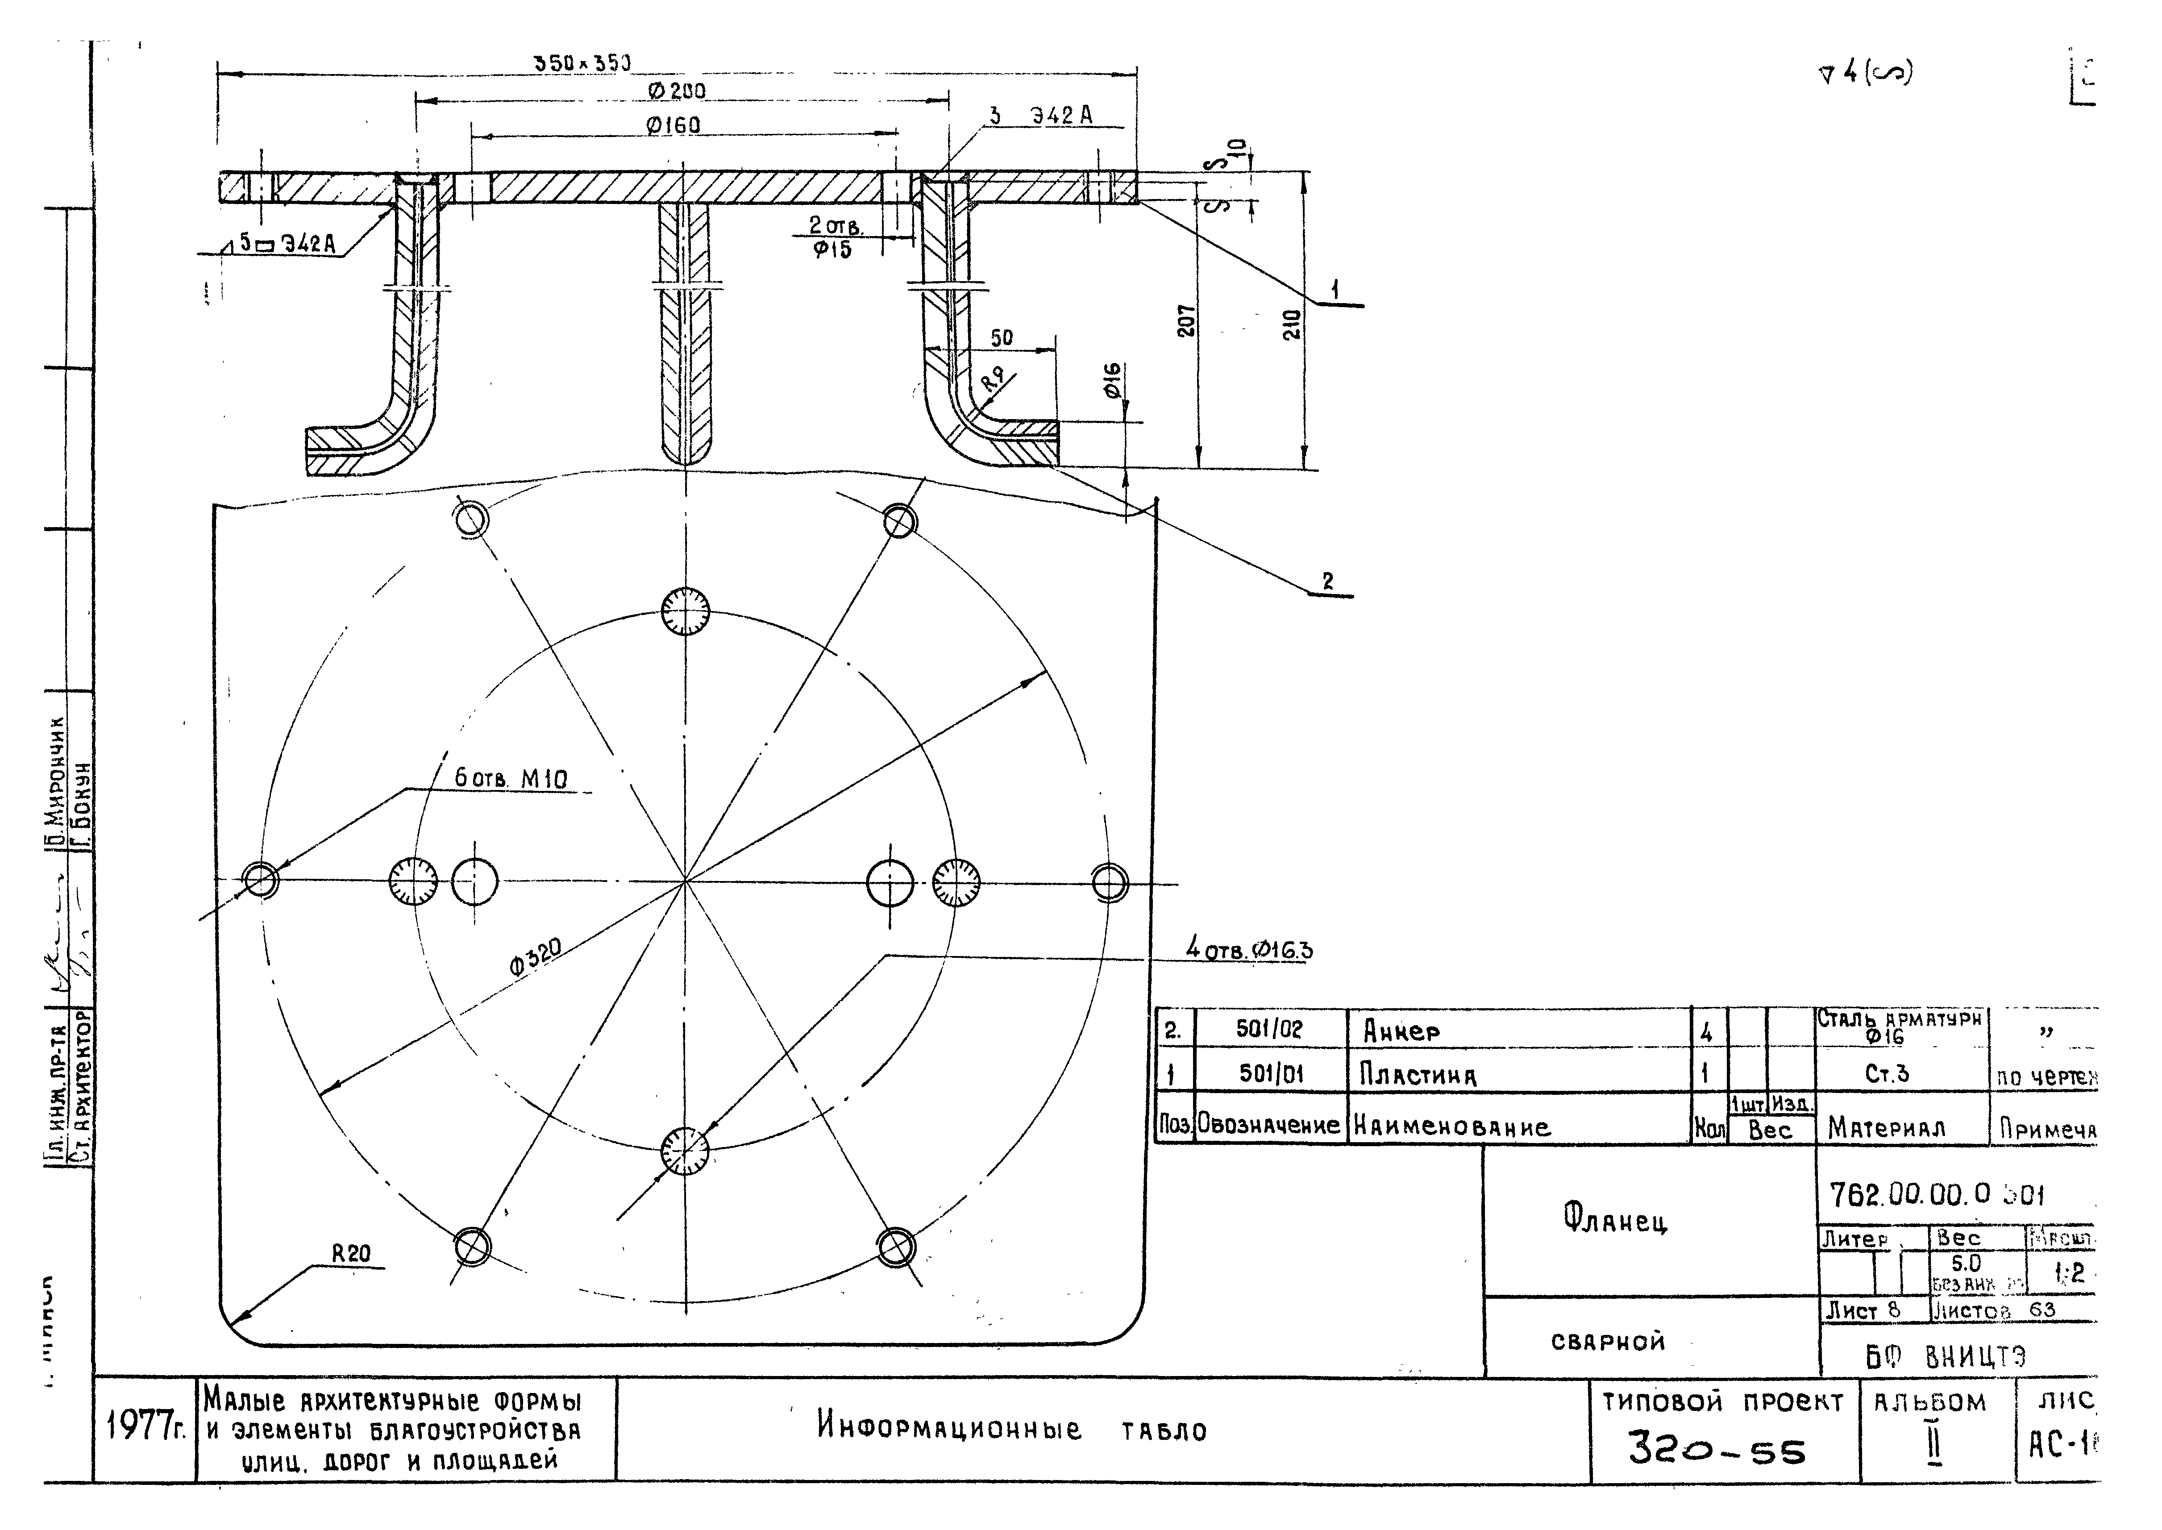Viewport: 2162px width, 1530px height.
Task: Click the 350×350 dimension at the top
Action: (x=582, y=63)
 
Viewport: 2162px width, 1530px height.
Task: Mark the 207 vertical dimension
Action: (x=1187, y=320)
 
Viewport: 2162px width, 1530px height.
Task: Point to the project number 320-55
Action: (x=1717, y=1451)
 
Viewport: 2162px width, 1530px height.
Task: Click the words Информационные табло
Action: (x=1011, y=1429)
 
